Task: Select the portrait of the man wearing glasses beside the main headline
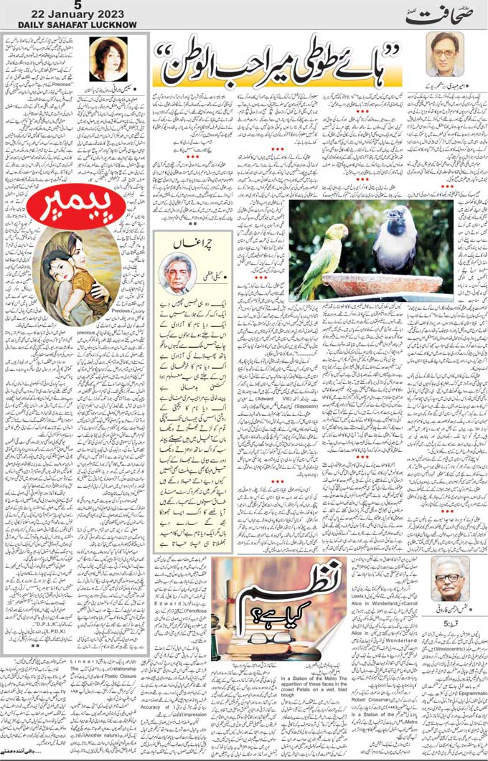(444, 54)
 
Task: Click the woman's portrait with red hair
(108, 60)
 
